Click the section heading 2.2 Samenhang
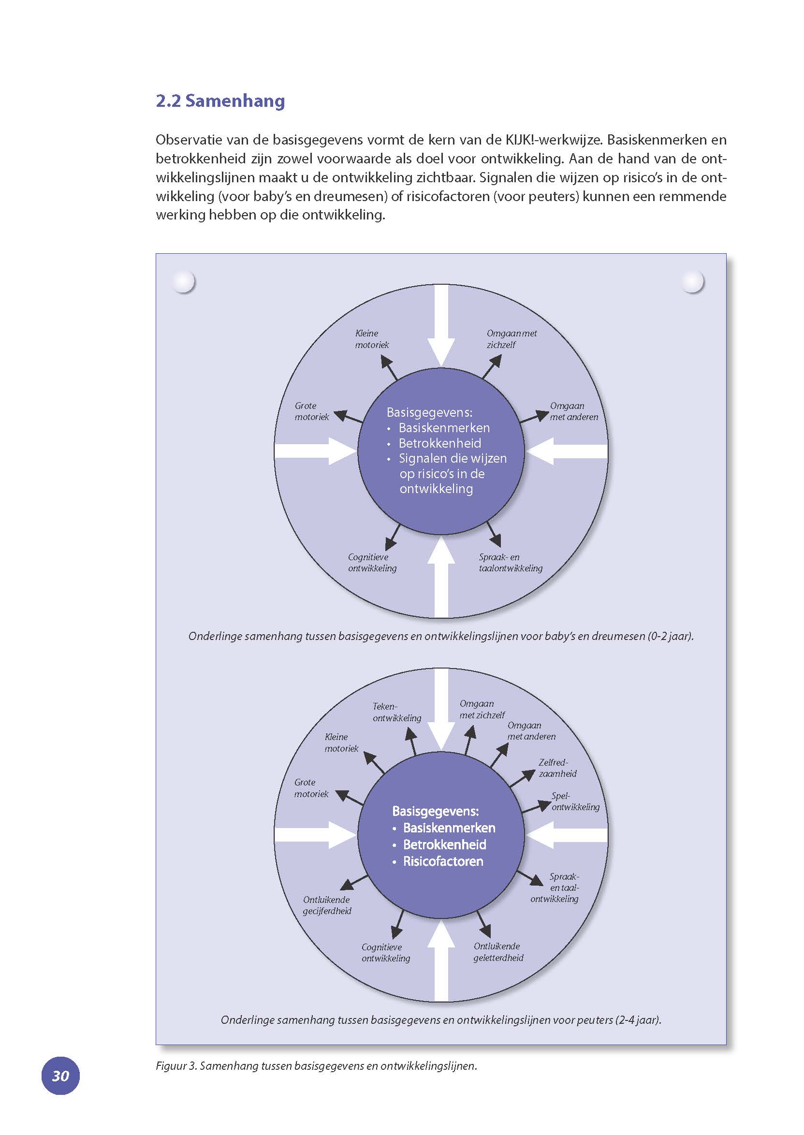[x=220, y=101]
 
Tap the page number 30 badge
[x=60, y=1076]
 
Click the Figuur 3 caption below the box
[x=316, y=1066]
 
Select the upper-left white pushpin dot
[x=183, y=282]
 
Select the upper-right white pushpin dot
[x=692, y=282]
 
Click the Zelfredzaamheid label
[x=557, y=768]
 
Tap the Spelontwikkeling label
[x=575, y=801]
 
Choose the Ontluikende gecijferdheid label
[x=327, y=905]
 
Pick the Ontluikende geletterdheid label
[x=497, y=952]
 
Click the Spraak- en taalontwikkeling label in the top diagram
[x=510, y=563]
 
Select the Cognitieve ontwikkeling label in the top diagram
[x=372, y=563]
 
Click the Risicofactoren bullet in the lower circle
[x=442, y=862]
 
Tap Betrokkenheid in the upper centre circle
[x=439, y=443]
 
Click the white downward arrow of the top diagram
[x=441, y=327]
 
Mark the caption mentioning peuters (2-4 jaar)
[x=440, y=1019]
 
